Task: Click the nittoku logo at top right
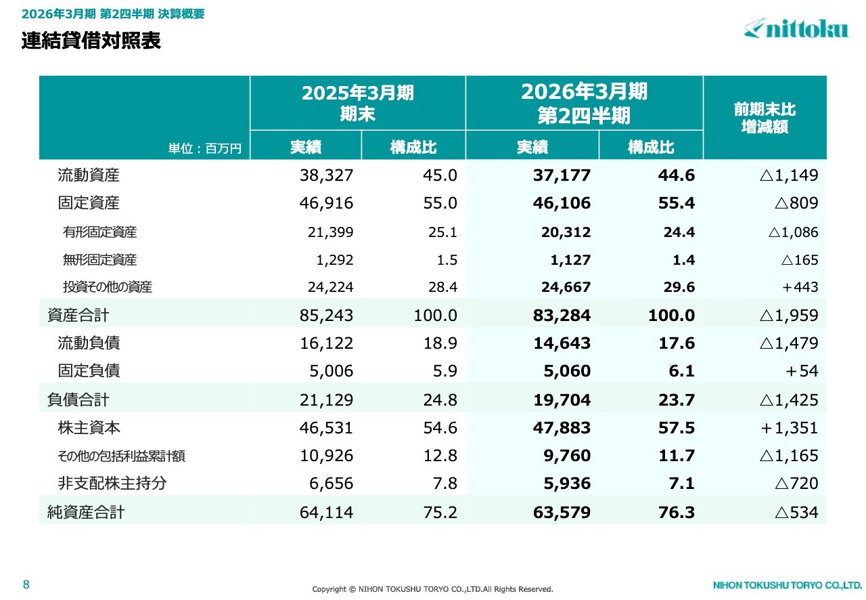tap(796, 28)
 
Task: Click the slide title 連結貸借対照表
tap(91, 41)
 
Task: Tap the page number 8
tap(26, 584)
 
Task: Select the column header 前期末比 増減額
tap(765, 118)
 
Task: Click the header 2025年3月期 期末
tap(357, 103)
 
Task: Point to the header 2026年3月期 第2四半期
tap(584, 103)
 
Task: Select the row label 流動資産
tap(89, 175)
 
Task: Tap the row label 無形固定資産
tap(99, 260)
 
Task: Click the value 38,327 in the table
tap(326, 175)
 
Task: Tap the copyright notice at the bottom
tap(432, 589)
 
